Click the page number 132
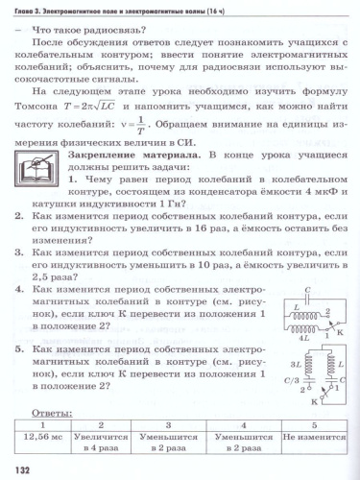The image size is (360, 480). (19, 468)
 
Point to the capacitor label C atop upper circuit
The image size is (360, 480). (307, 264)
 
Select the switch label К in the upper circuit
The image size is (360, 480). (339, 303)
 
